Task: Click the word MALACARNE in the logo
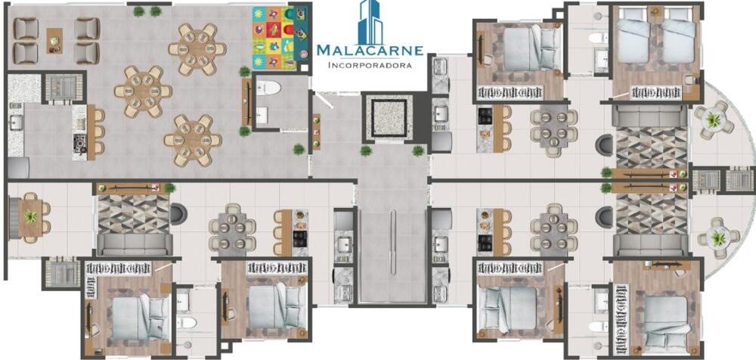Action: (370, 50)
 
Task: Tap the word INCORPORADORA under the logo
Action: (370, 65)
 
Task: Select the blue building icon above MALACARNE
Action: (370, 21)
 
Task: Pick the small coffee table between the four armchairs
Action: (54, 41)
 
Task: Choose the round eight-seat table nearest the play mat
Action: (197, 48)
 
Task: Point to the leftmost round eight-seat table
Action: (143, 92)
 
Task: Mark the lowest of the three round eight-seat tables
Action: (193, 141)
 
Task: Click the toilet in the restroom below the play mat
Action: (268, 88)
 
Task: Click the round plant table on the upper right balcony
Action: (714, 116)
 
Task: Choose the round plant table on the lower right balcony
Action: (718, 238)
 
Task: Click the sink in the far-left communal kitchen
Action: (16, 123)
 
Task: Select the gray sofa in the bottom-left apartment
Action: (135, 245)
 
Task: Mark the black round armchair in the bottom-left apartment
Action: (178, 213)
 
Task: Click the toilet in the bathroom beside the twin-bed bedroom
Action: (597, 38)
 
